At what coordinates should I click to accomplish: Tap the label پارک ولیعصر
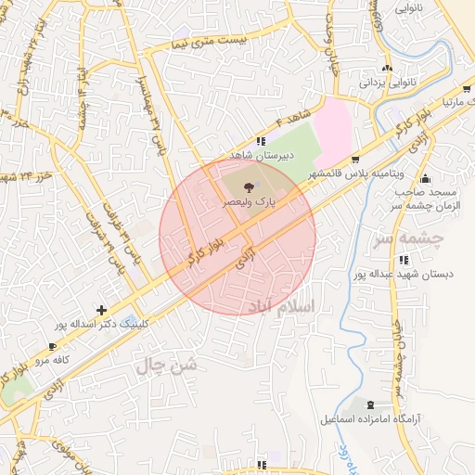click(253, 201)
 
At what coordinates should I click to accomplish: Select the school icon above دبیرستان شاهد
click(259, 141)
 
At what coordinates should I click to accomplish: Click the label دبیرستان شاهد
click(263, 156)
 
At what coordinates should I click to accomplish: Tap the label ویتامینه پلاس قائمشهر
click(355, 173)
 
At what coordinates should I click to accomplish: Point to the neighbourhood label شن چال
click(168, 366)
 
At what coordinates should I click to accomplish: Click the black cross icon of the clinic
click(101, 309)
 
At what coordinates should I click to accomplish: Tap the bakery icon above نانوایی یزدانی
click(388, 68)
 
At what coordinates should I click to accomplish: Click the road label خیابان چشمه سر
click(399, 348)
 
